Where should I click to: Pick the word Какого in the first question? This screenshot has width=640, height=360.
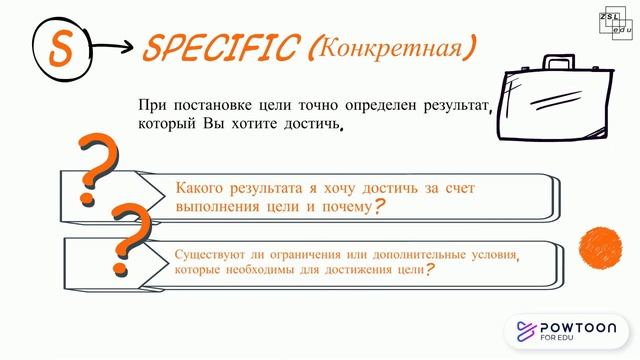200,187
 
